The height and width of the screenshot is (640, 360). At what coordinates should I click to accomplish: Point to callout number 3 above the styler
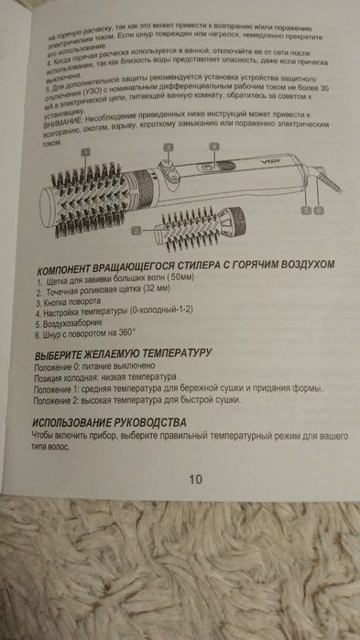click(x=169, y=146)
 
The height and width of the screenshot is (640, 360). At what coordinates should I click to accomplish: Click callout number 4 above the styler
click(x=213, y=146)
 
